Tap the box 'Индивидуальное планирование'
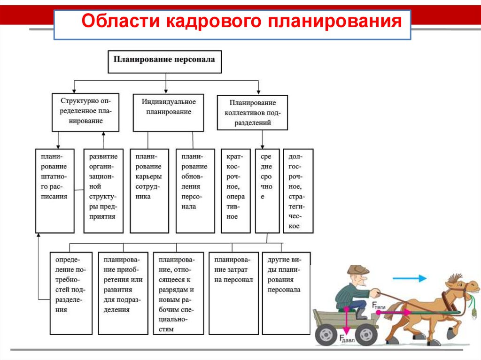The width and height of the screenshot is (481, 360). [168, 113]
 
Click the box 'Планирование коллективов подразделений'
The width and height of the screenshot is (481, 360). [252, 113]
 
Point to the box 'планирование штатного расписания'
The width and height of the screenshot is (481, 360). [54, 191]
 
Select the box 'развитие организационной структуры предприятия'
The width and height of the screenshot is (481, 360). [103, 191]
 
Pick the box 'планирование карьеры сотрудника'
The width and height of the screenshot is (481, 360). [149, 191]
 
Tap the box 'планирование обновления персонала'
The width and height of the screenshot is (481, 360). [195, 191]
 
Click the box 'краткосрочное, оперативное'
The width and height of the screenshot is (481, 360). [236, 191]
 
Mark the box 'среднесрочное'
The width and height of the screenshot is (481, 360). [267, 191]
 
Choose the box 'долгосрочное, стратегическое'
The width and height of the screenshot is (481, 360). [298, 191]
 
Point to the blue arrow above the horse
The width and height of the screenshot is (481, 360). [409, 278]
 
